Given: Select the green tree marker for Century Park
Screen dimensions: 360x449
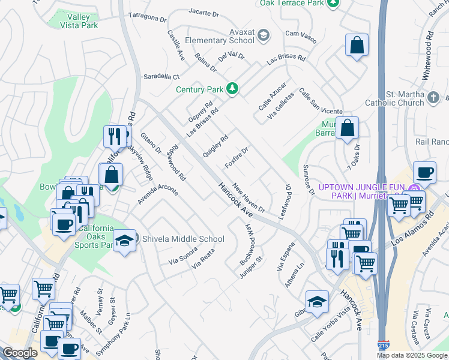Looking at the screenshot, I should (232, 89).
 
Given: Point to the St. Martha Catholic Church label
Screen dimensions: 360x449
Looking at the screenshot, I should (414, 98).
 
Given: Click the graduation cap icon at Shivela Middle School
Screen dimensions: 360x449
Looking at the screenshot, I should (124, 240).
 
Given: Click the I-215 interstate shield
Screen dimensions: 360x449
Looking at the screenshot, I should (382, 346).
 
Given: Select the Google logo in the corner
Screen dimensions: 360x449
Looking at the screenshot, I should (20, 353).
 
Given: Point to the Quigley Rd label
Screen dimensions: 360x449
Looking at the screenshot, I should (215, 146).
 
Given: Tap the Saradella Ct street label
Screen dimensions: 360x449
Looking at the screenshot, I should (161, 77).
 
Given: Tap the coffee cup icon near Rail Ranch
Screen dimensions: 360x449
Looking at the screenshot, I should (424, 172).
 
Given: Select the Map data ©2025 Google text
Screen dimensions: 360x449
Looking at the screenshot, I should (411, 355).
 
